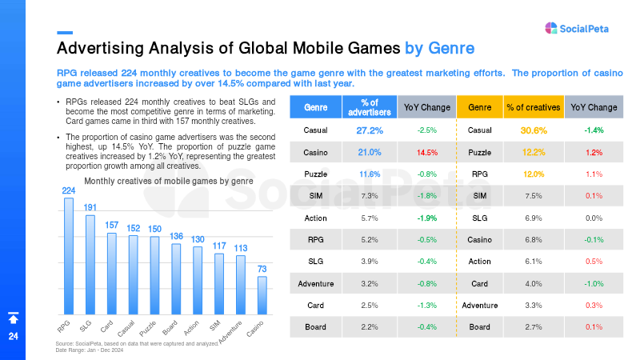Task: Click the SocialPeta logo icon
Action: pos(551,28)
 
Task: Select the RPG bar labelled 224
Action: pos(69,256)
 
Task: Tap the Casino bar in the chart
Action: pos(262,295)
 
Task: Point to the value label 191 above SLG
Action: pos(90,207)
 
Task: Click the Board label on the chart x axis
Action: pos(170,327)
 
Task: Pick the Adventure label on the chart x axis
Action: pos(230,332)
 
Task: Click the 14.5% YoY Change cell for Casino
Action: pos(427,152)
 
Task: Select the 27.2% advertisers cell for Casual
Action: pos(370,130)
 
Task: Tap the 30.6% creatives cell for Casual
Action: pos(534,130)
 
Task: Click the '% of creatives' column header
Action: pos(534,107)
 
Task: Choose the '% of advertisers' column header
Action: pos(370,107)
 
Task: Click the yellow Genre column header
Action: pos(479,107)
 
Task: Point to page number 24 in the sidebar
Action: pos(14,336)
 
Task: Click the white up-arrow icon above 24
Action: pos(14,318)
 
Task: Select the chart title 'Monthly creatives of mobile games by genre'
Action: pos(169,181)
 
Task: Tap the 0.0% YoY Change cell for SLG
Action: pos(594,218)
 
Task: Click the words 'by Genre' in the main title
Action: pos(439,48)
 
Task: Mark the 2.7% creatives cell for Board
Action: pos(534,327)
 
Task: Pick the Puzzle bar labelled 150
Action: pos(154,275)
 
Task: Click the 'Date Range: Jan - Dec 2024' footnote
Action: pos(90,350)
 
